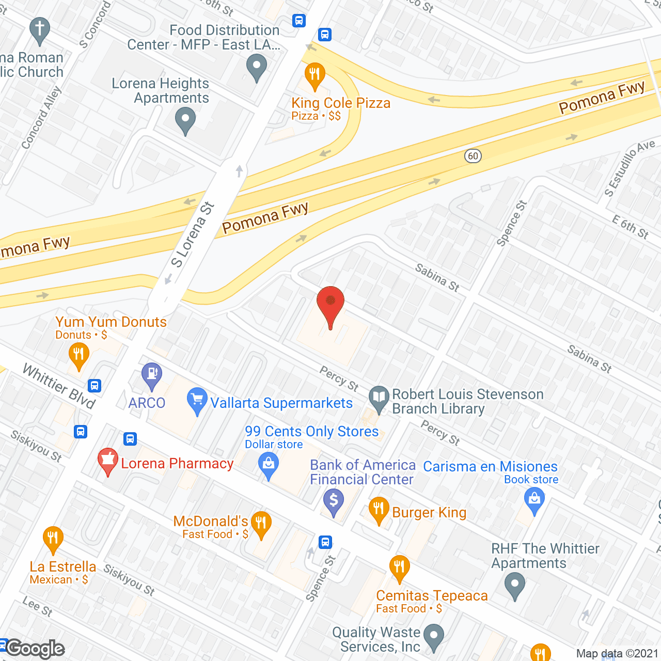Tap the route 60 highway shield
pyautogui.click(x=473, y=156)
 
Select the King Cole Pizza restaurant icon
pyautogui.click(x=314, y=75)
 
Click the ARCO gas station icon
pyautogui.click(x=152, y=375)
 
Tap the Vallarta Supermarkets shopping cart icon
pyautogui.click(x=197, y=400)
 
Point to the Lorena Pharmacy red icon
pyautogui.click(x=108, y=461)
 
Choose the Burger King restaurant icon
pyautogui.click(x=379, y=510)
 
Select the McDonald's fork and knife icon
pyautogui.click(x=261, y=524)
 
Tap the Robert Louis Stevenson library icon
pyautogui.click(x=379, y=399)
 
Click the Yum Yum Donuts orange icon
pyautogui.click(x=78, y=356)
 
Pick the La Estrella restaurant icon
pyautogui.click(x=53, y=539)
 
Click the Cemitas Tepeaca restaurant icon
pyautogui.click(x=399, y=568)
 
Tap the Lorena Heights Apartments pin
pyautogui.click(x=185, y=121)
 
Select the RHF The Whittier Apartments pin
pyautogui.click(x=514, y=587)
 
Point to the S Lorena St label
pyautogui.click(x=193, y=235)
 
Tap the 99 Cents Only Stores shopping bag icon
pyautogui.click(x=269, y=465)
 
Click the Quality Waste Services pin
pyautogui.click(x=434, y=637)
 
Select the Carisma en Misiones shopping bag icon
pyautogui.click(x=534, y=501)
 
